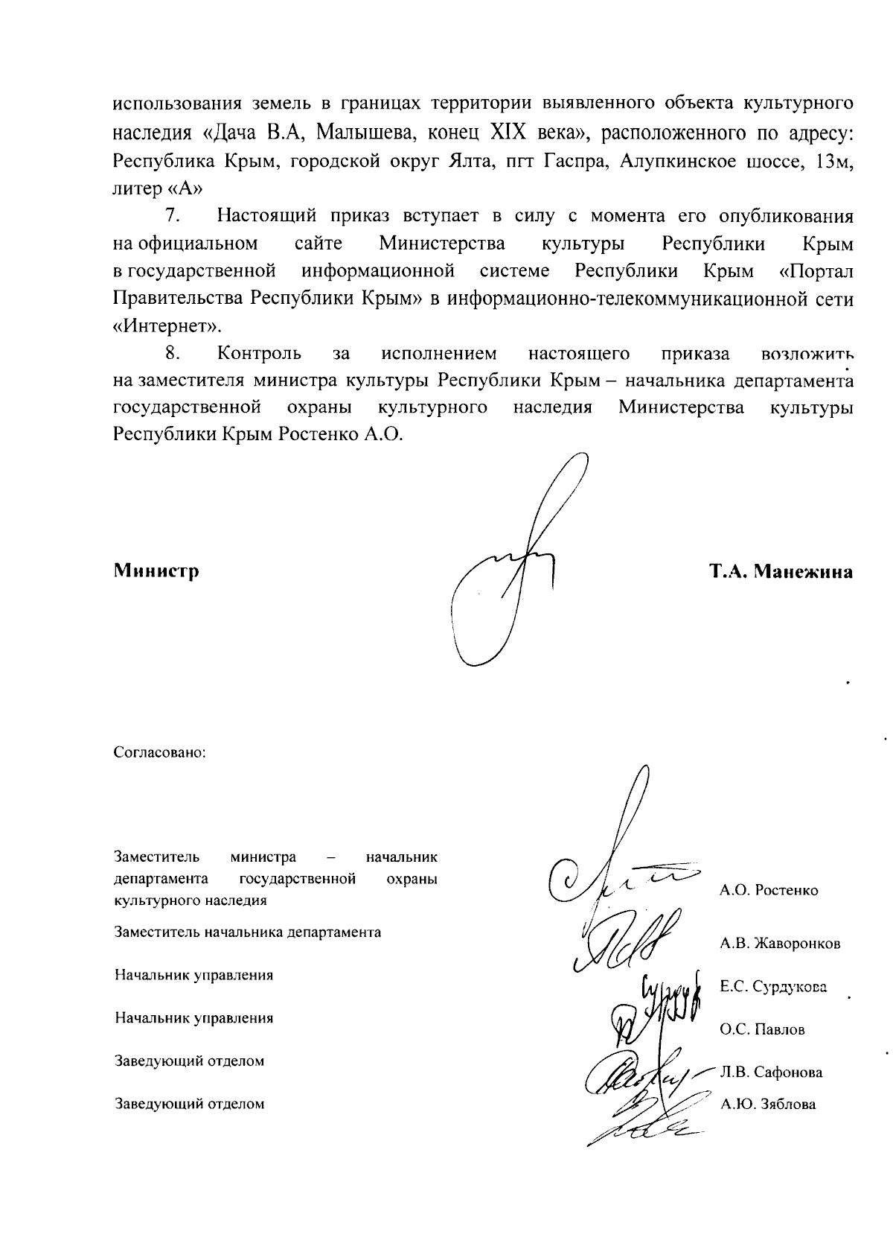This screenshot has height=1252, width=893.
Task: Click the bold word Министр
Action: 156,571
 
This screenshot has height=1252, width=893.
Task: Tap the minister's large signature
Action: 513,566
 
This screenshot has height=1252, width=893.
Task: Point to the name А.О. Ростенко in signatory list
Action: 769,890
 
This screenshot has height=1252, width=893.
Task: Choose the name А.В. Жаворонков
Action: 780,944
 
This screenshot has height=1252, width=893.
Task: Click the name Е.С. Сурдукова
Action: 773,987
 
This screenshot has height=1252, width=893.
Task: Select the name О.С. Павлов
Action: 762,1030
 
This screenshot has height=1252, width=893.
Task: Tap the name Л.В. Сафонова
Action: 771,1073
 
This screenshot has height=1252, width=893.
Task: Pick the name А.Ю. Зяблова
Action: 768,1105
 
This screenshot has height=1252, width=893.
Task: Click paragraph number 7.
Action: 173,217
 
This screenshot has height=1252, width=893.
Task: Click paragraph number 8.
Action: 173,353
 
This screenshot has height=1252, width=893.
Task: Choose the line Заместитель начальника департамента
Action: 248,932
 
